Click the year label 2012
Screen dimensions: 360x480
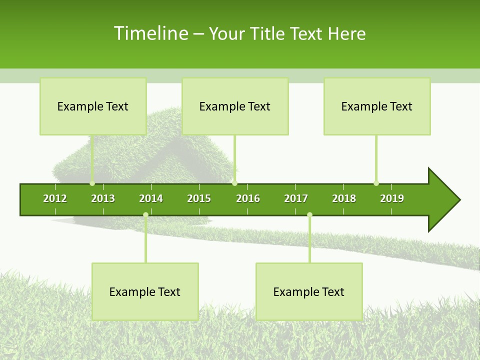tap(55, 198)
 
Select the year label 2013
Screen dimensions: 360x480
tap(103, 198)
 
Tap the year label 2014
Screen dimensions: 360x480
tap(151, 198)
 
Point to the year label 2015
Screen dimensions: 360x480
tap(199, 198)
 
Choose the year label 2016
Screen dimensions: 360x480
tap(248, 198)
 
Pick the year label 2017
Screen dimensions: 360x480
tap(296, 198)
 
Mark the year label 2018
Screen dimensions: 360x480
tap(344, 198)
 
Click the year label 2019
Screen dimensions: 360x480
tap(392, 198)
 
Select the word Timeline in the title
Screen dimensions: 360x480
tap(150, 33)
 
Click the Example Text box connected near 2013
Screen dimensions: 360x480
tap(93, 106)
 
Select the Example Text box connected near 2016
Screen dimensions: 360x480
tap(235, 106)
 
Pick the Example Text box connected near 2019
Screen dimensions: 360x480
tap(377, 106)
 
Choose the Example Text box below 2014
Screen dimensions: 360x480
tap(145, 291)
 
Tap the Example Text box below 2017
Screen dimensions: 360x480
tap(309, 291)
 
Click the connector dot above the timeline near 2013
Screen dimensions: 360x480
tap(92, 183)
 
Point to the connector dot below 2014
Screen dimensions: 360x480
tap(145, 215)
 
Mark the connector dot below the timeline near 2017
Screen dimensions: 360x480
tap(309, 215)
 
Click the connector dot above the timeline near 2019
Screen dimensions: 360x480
tap(376, 183)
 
